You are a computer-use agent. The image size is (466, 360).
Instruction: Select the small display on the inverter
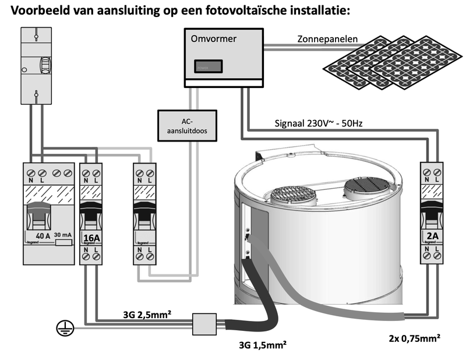(208, 66)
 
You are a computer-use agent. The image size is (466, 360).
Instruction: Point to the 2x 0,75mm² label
(414, 337)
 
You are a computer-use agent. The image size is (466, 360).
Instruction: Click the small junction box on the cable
(205, 324)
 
